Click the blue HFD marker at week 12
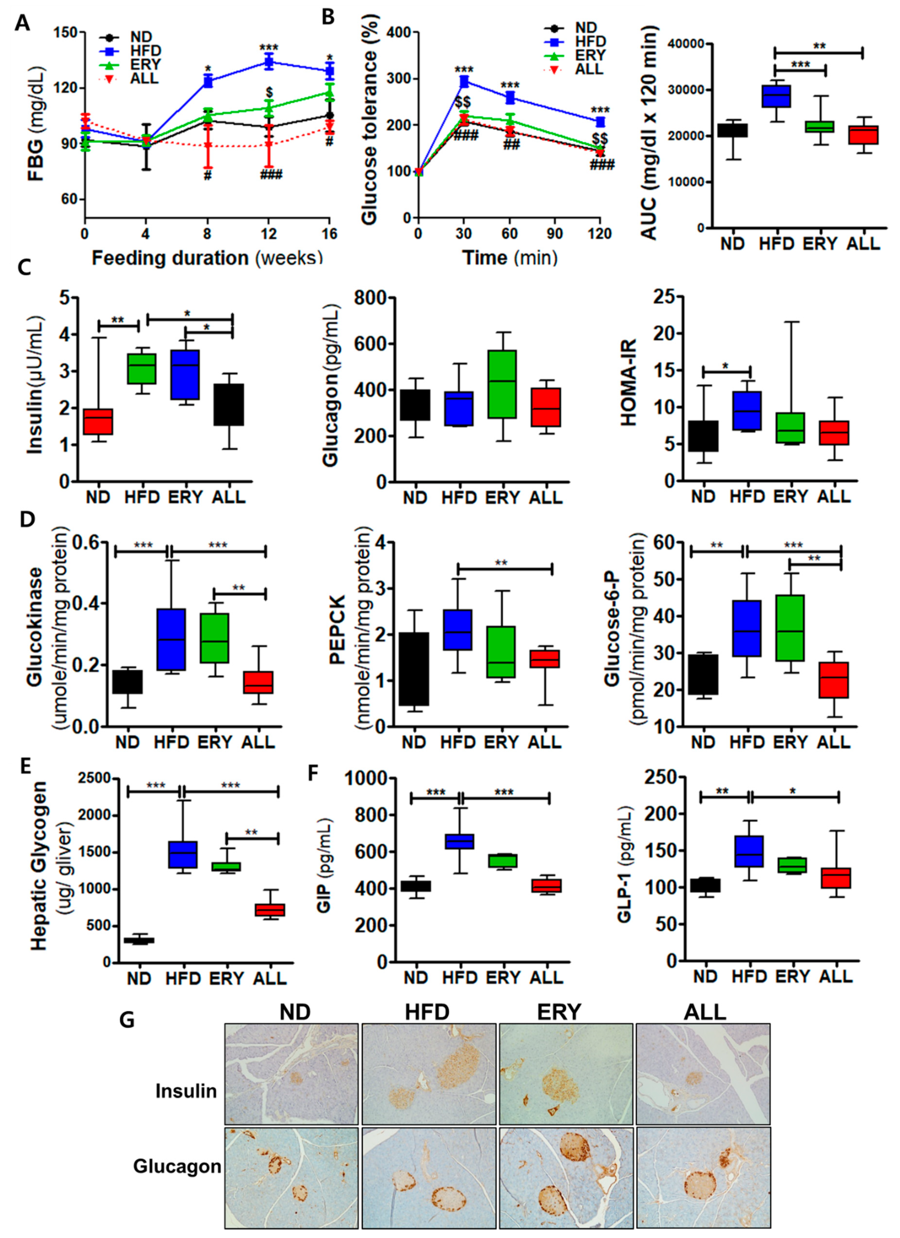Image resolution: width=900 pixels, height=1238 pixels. click(268, 62)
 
